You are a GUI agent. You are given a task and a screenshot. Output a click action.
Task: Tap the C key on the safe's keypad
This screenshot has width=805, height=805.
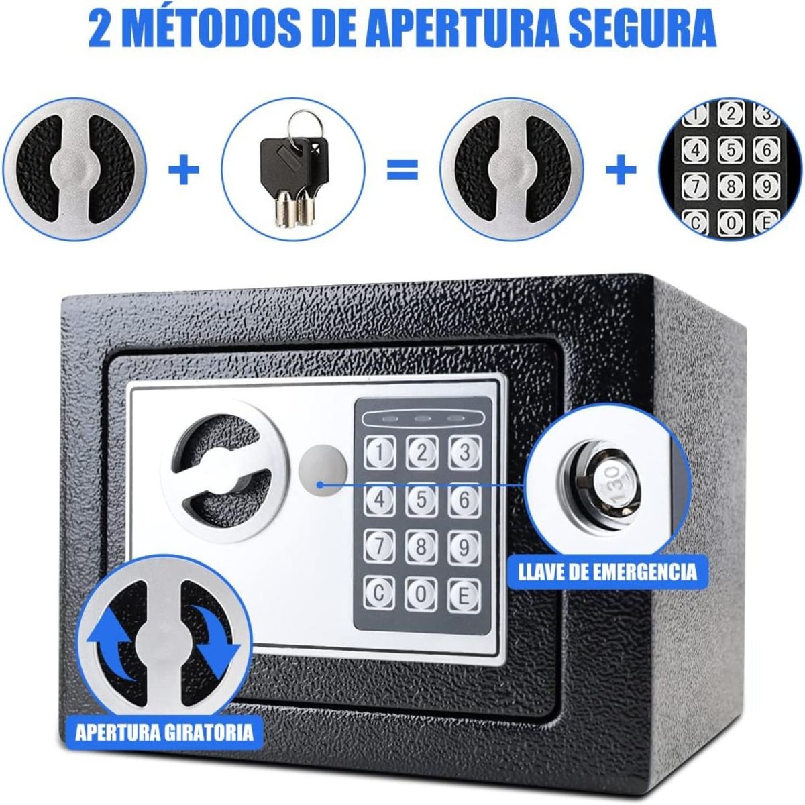point(380,593)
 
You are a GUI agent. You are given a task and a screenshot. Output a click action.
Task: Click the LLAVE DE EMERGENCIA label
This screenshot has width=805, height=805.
point(608,572)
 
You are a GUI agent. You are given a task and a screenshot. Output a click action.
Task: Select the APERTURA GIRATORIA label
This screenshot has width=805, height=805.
point(164,730)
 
